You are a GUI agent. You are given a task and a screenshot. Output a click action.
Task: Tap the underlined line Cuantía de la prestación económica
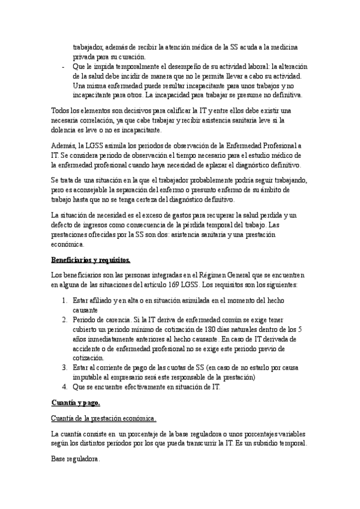(104, 401)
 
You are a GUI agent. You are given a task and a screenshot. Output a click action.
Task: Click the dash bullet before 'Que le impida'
(63, 67)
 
